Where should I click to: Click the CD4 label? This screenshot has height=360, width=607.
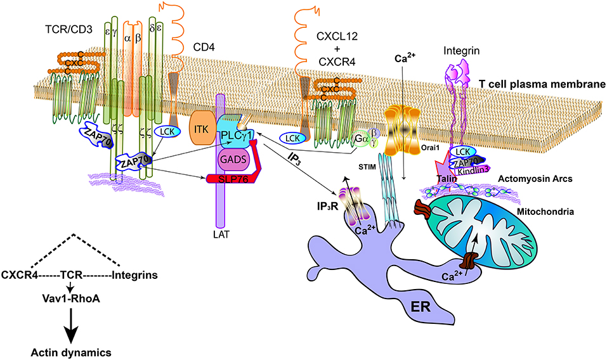204,47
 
